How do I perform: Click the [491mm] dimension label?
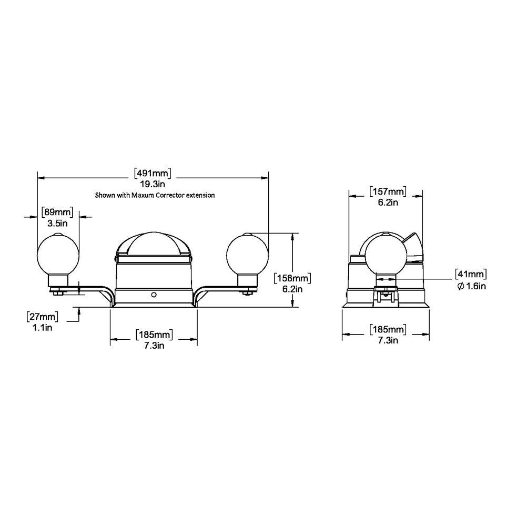tap(153, 174)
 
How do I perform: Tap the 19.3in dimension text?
tap(153, 184)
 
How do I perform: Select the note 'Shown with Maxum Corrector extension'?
tap(155, 195)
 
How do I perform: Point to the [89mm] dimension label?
tap(57, 213)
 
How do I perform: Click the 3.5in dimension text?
tap(57, 224)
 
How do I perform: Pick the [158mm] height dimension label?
tap(292, 278)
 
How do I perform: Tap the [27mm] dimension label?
tap(42, 316)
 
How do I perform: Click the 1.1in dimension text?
tap(42, 327)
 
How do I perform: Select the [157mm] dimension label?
tap(388, 191)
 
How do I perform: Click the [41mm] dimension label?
tap(471, 274)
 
